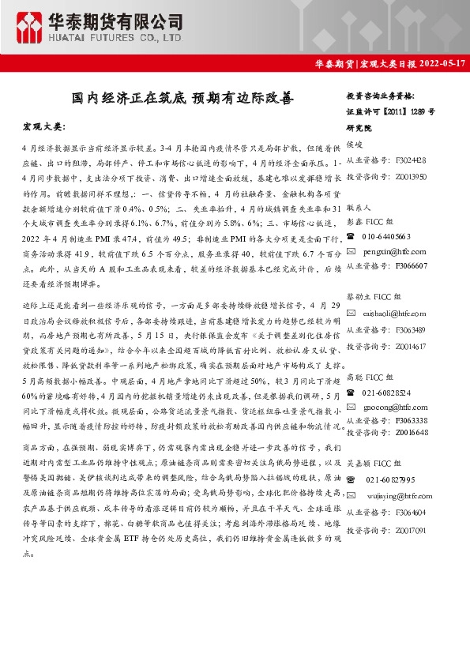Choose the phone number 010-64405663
click(x=386, y=236)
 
